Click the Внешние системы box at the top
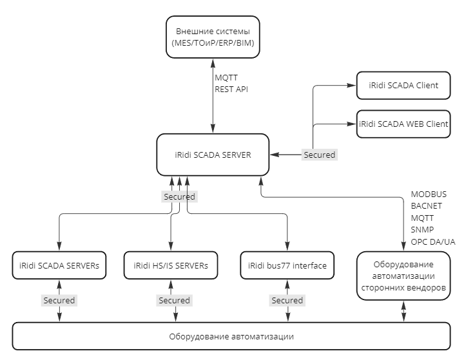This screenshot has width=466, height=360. click(212, 37)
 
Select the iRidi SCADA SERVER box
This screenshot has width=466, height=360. click(212, 155)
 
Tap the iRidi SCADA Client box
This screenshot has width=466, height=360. click(403, 85)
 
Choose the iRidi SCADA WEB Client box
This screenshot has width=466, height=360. click(403, 124)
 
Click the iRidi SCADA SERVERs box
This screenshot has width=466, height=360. click(59, 265)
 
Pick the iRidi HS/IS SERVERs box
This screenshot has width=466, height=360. click(171, 265)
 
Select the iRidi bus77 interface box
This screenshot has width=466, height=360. click(287, 265)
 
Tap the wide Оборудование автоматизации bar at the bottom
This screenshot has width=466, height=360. click(231, 336)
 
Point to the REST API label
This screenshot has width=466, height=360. click(231, 90)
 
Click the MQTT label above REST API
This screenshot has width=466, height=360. click(226, 78)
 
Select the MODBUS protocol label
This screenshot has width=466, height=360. click(429, 194)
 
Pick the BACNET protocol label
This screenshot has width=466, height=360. click(426, 206)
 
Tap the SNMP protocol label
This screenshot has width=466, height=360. click(422, 230)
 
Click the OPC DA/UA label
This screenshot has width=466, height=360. click(432, 242)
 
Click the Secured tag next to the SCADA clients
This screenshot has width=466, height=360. click(320, 155)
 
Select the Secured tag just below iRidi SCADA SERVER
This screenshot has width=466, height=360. click(179, 196)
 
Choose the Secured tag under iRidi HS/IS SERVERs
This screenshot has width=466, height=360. click(174, 300)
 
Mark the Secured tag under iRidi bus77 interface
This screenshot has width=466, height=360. click(287, 300)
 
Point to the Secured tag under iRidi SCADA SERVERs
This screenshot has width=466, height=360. click(59, 300)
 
